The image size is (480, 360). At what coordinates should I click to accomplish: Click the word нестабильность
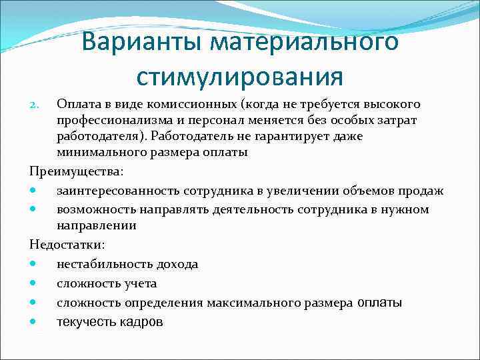(101, 264)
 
